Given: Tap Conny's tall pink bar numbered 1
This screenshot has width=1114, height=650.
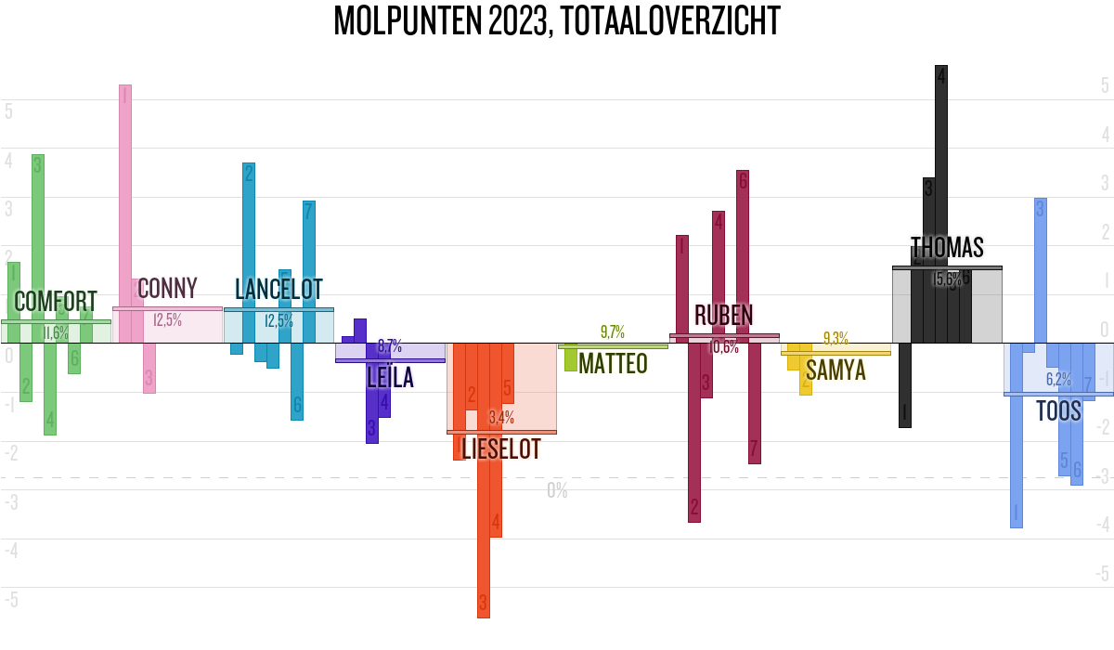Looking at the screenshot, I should (124, 214).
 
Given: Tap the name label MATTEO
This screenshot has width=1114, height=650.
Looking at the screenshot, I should (613, 364).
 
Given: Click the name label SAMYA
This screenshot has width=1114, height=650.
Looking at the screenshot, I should (835, 370).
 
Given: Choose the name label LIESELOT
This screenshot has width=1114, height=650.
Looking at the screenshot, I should (501, 450).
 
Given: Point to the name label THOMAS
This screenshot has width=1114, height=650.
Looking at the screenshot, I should (947, 248).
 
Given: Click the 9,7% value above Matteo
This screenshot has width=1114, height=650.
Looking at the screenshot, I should (613, 331).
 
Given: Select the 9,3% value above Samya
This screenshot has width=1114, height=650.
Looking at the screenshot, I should (835, 339).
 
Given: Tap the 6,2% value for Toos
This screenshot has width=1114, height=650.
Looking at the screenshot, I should (1058, 379).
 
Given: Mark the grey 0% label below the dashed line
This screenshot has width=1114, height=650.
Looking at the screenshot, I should (557, 490).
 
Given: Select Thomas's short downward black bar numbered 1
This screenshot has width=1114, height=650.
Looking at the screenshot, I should (905, 385).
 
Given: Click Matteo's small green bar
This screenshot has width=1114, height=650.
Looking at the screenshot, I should (570, 358).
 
